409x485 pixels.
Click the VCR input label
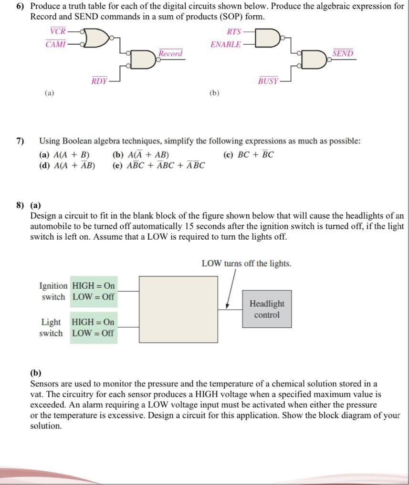tap(58, 31)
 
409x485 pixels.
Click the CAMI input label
tap(55, 44)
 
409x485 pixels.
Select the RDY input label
tap(99, 81)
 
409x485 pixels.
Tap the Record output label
tap(170, 53)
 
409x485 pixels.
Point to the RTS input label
tap(234, 31)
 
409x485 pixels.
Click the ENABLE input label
tap(226, 44)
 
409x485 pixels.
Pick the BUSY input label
tap(268, 81)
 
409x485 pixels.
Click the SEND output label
tap(343, 53)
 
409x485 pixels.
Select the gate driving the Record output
tap(143, 59)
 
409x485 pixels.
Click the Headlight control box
tap(267, 309)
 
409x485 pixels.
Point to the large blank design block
tap(178, 309)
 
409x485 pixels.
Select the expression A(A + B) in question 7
tap(64, 154)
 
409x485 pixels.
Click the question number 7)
tap(20, 141)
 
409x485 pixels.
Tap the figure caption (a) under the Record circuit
tap(49, 93)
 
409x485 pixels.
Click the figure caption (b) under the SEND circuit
tap(214, 93)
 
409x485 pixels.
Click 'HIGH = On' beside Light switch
tap(93, 322)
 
